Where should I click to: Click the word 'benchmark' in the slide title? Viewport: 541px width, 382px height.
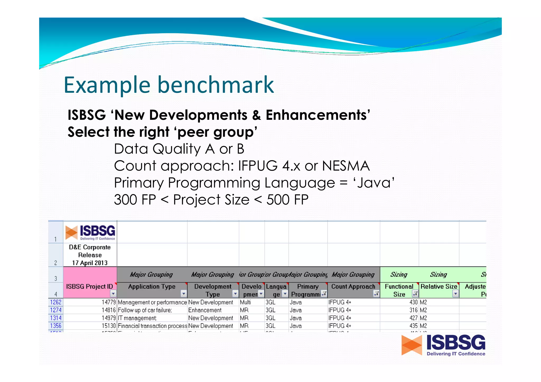(x=216, y=85)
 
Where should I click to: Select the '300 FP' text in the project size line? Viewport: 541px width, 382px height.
(x=135, y=200)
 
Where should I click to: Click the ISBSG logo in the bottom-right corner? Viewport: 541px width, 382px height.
(x=443, y=345)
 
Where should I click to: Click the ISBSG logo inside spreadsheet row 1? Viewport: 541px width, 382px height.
(x=90, y=232)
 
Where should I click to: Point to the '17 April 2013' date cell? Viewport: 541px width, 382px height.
(x=90, y=263)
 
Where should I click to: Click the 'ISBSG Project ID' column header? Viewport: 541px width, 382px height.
(x=89, y=286)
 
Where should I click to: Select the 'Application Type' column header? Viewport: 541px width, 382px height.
(x=152, y=286)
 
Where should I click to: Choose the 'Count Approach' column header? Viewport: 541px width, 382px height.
(x=353, y=286)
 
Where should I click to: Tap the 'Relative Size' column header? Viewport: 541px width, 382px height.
(x=439, y=286)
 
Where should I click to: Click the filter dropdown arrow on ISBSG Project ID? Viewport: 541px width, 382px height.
(x=113, y=294)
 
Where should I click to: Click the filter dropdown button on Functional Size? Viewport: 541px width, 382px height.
(x=415, y=294)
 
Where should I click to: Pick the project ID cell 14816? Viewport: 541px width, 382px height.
(x=109, y=310)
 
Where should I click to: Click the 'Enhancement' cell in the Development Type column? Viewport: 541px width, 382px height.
(x=205, y=310)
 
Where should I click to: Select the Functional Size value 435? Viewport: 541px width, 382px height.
(x=413, y=326)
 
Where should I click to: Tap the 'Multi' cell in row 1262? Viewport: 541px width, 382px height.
(x=245, y=302)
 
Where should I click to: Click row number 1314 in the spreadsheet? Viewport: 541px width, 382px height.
(x=56, y=318)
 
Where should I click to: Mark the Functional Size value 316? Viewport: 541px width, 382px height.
(x=413, y=310)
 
